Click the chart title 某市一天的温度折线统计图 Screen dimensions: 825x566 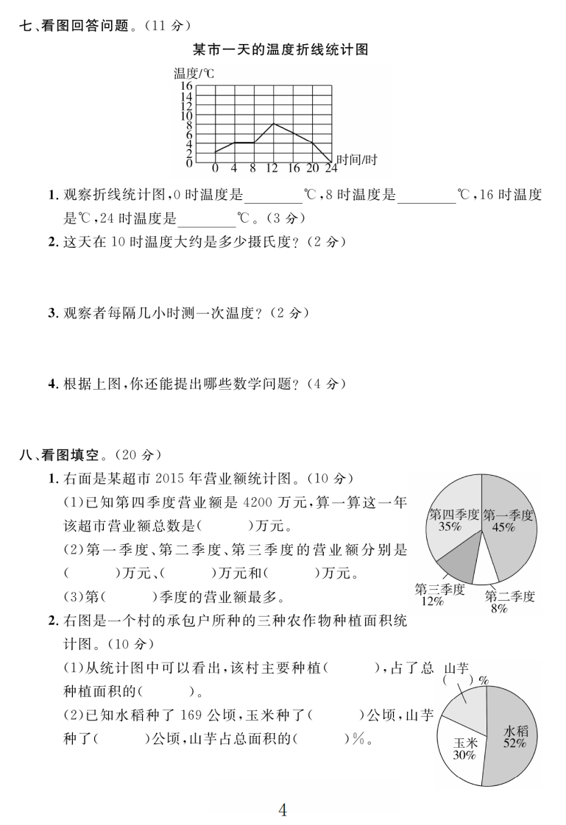[280, 50]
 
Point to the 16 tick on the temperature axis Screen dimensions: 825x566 [186, 86]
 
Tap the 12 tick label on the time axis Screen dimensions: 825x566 [272, 168]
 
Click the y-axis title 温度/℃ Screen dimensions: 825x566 [193, 73]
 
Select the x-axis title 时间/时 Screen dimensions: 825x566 [357, 160]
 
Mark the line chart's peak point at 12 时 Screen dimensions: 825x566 [273, 124]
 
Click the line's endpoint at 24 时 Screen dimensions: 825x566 [331, 162]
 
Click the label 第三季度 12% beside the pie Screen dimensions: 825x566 [439, 594]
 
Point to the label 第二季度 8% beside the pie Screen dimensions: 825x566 [509, 601]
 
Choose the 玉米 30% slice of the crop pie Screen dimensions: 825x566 [464, 749]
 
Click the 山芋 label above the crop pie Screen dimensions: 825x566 [457, 668]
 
